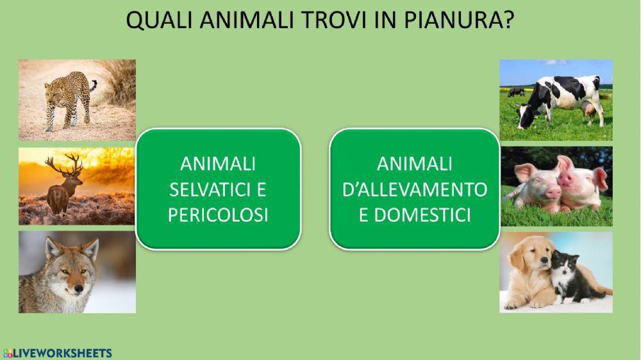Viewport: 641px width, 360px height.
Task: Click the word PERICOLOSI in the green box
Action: coord(217,215)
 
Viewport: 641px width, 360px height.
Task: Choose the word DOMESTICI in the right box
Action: coord(414,215)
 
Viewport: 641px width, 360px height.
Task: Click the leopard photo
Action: coord(77,99)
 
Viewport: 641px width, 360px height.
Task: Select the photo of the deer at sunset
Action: coord(77,186)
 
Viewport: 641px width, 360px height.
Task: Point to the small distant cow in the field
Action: coord(516,93)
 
